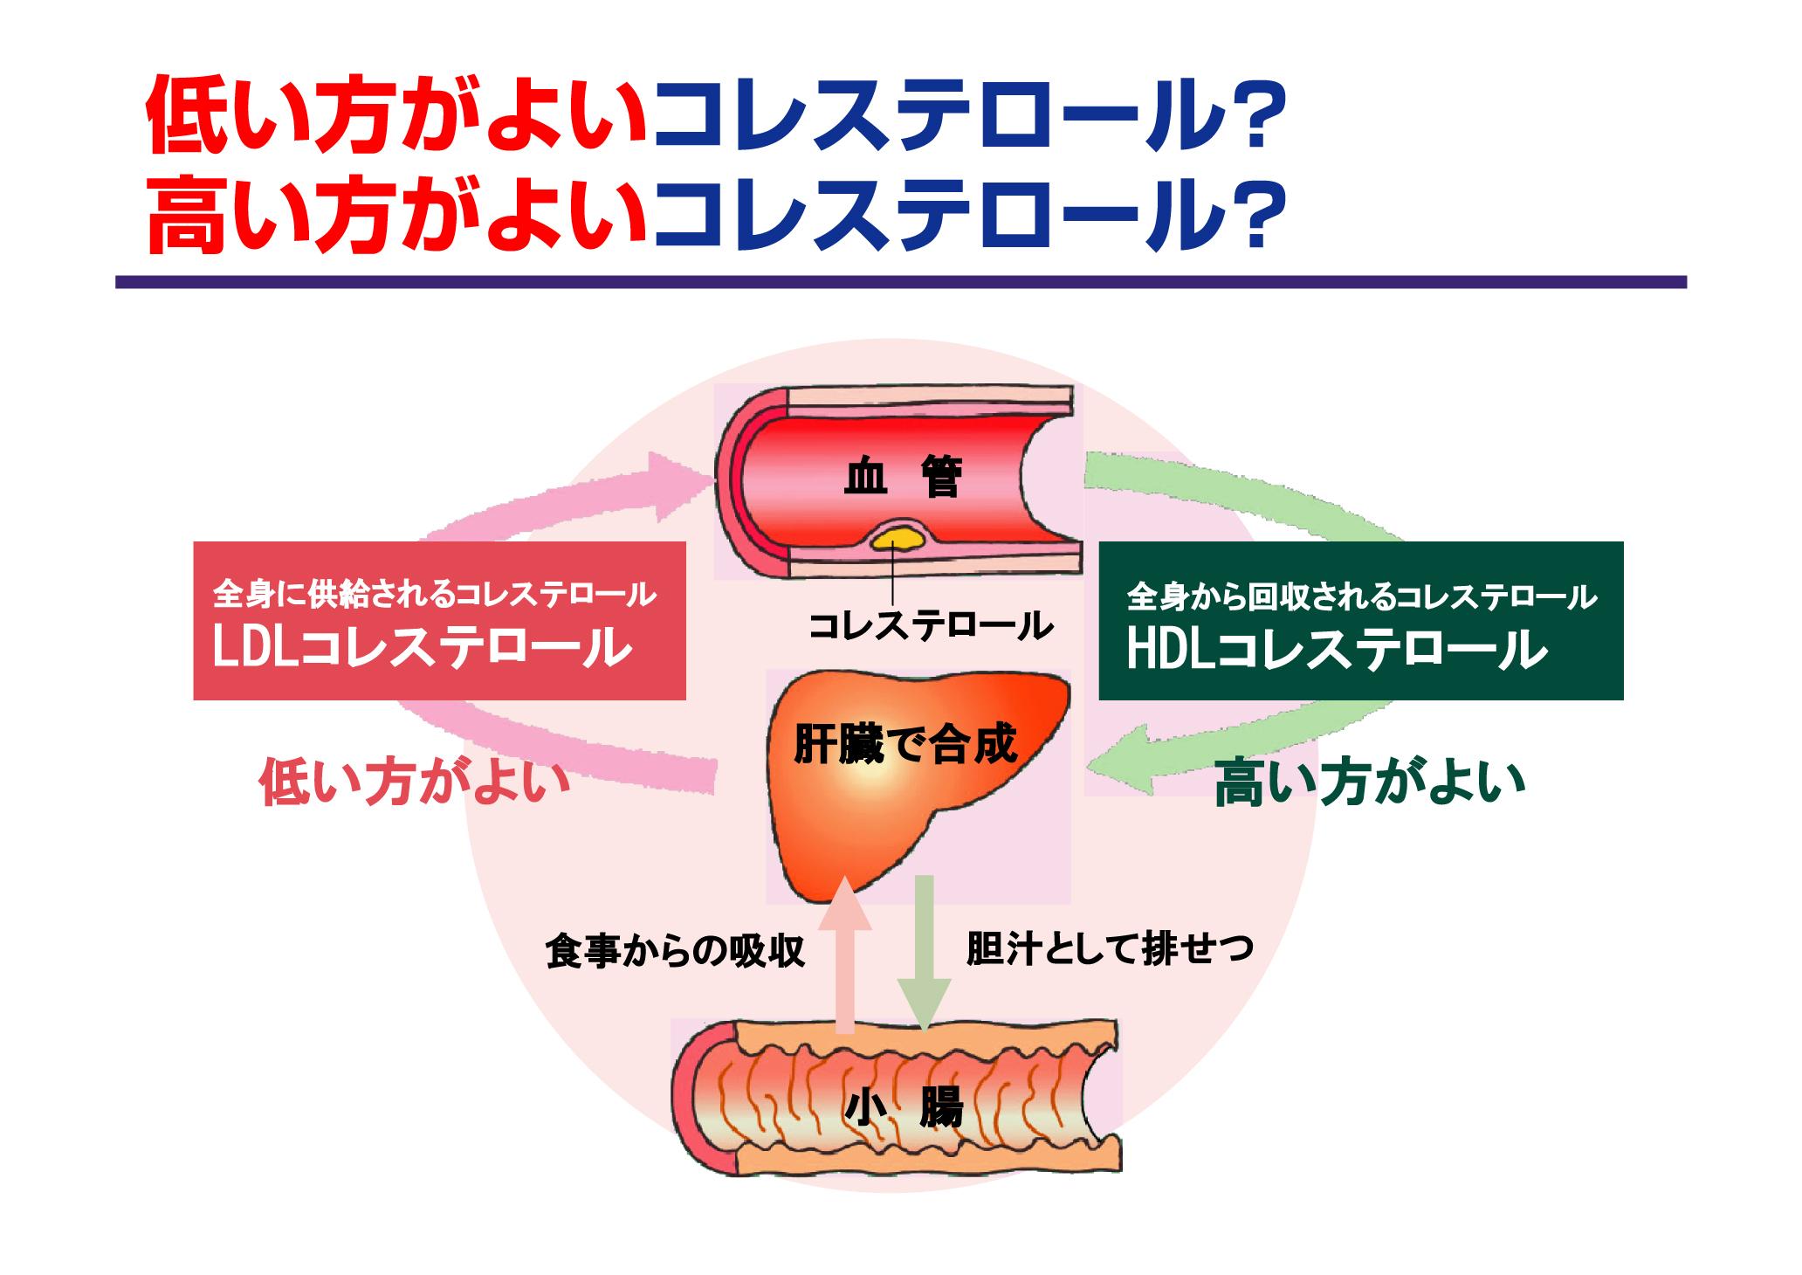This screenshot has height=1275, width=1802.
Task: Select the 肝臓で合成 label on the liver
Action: [x=904, y=745]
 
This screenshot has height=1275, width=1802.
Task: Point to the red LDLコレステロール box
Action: [x=439, y=620]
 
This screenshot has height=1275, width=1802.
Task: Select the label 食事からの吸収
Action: [x=674, y=951]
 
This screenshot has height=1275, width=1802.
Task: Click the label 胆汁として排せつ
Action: [x=1110, y=948]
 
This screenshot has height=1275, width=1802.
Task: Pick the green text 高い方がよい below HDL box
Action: [x=1369, y=782]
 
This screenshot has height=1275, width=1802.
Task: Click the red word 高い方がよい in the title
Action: [x=398, y=215]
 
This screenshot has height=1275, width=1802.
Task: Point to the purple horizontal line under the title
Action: [x=900, y=282]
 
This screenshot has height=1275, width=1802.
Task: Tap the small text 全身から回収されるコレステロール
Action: [x=1361, y=596]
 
